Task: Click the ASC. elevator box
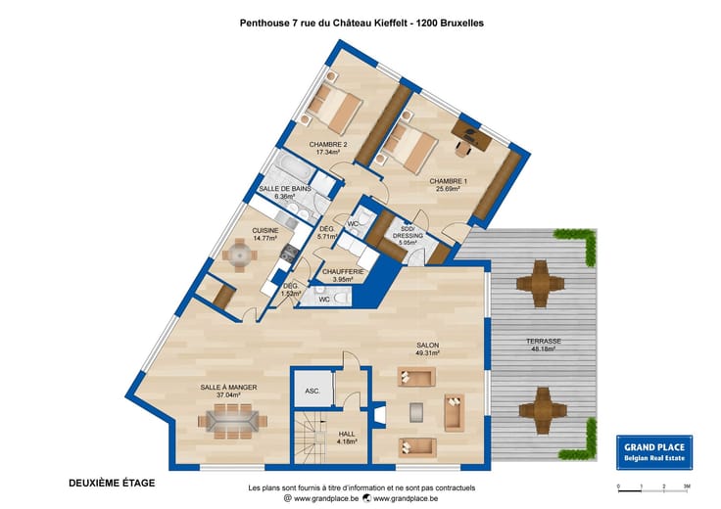click(x=312, y=389)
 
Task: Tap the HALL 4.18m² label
click(x=347, y=438)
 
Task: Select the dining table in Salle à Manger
click(x=233, y=421)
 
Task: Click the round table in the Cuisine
click(x=240, y=254)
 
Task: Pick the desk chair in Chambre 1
click(x=463, y=149)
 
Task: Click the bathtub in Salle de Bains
click(x=294, y=167)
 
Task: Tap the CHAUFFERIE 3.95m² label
click(x=343, y=275)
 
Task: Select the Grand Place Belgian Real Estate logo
click(x=654, y=452)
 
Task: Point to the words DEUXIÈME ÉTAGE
click(x=112, y=483)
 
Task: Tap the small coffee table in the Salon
click(x=416, y=412)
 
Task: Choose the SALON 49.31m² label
click(x=428, y=348)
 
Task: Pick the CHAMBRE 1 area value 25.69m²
click(x=449, y=188)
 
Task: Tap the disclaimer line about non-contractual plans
click(x=361, y=487)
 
